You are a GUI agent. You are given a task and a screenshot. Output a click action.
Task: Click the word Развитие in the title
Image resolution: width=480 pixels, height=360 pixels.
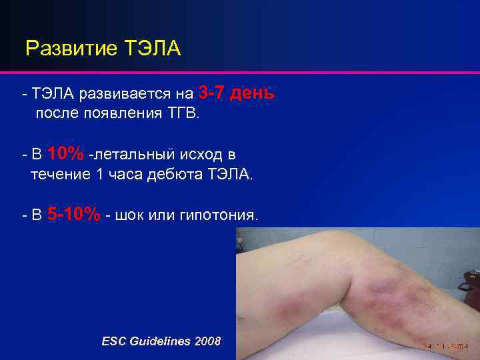tap(64, 49)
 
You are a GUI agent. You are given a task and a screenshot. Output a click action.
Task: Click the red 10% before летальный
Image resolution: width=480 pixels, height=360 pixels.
tap(65, 154)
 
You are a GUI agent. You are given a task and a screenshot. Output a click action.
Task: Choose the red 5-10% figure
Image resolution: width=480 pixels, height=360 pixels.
tap(74, 215)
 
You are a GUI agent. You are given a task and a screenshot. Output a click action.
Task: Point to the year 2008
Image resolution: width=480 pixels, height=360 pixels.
tap(207, 341)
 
